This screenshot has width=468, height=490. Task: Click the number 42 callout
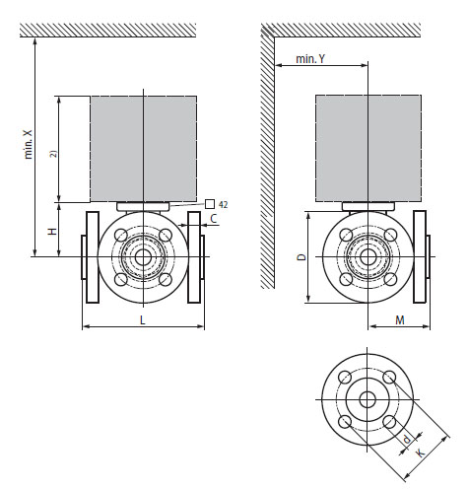pos(224,203)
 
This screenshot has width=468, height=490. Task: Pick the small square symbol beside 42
pos(209,203)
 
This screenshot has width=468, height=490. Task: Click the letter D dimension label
pos(302,256)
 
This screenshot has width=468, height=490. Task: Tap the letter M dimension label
pos(399,320)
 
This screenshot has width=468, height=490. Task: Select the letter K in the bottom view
pos(421,452)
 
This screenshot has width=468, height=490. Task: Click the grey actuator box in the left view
pos(143,148)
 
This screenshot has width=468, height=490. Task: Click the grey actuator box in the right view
pos(367,148)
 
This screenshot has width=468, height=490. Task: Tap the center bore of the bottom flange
pos(368,400)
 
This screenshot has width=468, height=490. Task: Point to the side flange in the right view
pos(420,257)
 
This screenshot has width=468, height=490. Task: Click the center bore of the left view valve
pos(144,257)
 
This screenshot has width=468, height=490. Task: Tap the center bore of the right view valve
pos(368,257)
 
